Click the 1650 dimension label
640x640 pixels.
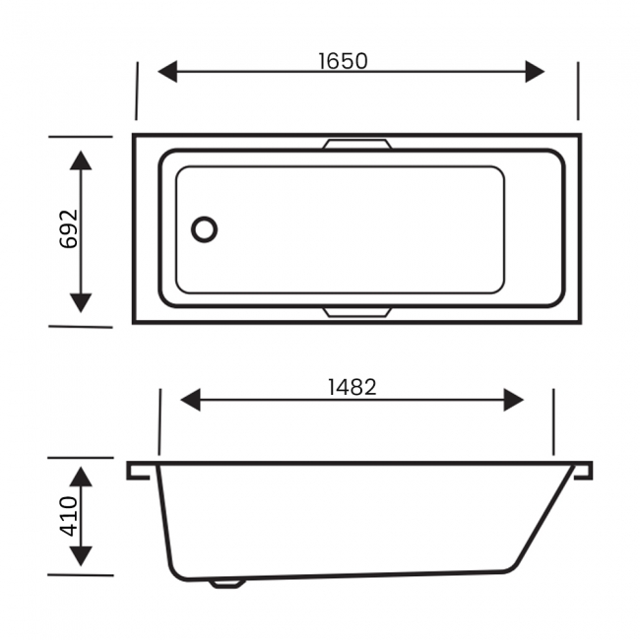[x=343, y=60]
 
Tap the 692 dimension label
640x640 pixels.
[x=68, y=228]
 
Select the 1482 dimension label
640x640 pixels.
[x=352, y=387]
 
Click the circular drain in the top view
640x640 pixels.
[x=204, y=229]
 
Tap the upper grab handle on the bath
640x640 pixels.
[x=356, y=145]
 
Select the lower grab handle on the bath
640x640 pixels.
[x=356, y=312]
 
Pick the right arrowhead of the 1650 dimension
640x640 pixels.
[x=535, y=72]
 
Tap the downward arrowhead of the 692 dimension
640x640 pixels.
[x=82, y=301]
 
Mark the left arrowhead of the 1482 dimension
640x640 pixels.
[x=191, y=400]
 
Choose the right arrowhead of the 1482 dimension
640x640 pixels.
[x=513, y=400]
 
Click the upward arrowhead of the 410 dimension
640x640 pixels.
[x=82, y=478]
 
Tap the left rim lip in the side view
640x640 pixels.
[x=140, y=470]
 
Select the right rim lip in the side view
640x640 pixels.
[x=582, y=470]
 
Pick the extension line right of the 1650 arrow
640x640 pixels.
[x=578, y=91]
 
